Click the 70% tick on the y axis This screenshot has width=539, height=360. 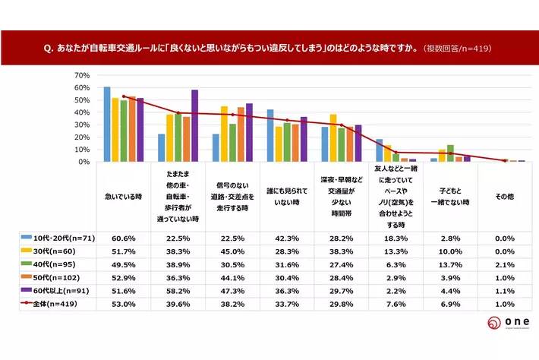click(x=81, y=76)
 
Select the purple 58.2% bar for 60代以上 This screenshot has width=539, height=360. click(x=194, y=125)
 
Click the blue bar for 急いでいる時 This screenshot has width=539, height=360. click(x=107, y=124)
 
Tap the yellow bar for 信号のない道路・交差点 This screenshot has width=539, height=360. click(x=224, y=134)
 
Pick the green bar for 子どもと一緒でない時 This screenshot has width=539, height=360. click(x=450, y=153)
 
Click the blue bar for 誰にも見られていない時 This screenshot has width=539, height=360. click(x=270, y=135)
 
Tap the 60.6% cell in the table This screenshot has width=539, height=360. click(x=124, y=238)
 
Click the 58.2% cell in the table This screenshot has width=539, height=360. click(x=178, y=290)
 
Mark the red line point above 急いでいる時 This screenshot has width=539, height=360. click(x=124, y=96)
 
